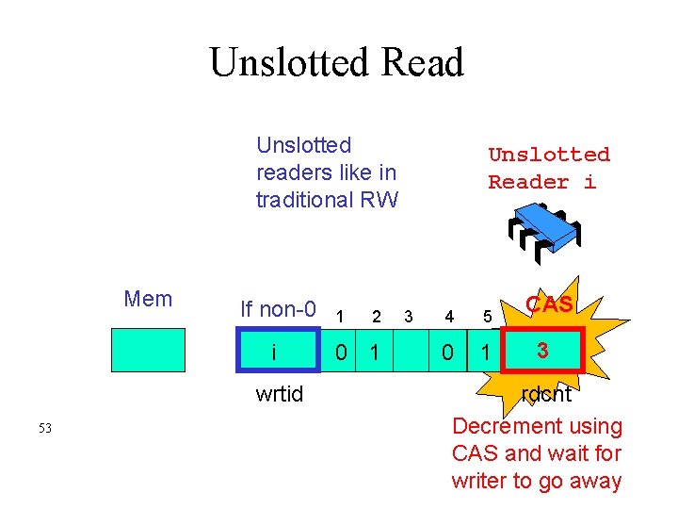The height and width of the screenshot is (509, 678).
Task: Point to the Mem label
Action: click(148, 300)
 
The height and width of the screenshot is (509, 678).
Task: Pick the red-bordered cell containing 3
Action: click(542, 352)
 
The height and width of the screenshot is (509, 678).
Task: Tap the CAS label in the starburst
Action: click(549, 304)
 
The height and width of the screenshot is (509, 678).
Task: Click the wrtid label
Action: click(280, 394)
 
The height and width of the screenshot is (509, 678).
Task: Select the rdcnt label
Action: click(546, 394)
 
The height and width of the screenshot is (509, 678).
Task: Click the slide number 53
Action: click(45, 429)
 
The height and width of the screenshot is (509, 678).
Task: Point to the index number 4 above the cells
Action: click(449, 316)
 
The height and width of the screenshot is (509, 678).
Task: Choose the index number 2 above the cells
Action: click(376, 316)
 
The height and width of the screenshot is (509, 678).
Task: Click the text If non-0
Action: click(278, 309)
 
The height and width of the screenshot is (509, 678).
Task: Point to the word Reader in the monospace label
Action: click(528, 182)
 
